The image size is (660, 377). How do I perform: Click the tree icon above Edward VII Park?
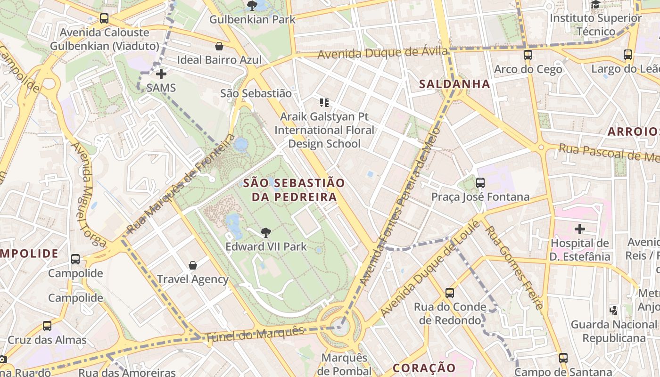(x=266, y=232)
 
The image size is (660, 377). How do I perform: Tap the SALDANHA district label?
(x=454, y=84)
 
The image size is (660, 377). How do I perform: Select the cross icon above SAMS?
(x=161, y=74)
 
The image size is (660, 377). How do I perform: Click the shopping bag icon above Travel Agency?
(x=192, y=265)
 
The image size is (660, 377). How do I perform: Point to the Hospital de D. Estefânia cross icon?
(x=579, y=229)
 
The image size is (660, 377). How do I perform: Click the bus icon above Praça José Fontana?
(x=480, y=183)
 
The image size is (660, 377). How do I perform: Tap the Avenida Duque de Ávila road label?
(x=382, y=53)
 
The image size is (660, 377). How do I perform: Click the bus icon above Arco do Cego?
(x=528, y=55)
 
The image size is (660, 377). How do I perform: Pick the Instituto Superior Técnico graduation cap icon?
(x=595, y=5)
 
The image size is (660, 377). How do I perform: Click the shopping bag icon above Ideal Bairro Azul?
(x=219, y=46)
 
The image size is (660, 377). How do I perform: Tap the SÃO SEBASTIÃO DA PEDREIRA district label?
(x=294, y=190)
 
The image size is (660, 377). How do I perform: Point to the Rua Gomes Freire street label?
(x=514, y=267)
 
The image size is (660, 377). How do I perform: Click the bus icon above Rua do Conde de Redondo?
(x=450, y=293)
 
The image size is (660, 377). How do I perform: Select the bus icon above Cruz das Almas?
(x=47, y=326)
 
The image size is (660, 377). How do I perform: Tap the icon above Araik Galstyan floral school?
(x=324, y=102)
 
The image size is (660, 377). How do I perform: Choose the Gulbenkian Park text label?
(x=252, y=19)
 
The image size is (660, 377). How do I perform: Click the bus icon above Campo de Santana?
(x=563, y=358)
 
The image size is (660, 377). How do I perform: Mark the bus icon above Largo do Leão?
(x=627, y=55)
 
